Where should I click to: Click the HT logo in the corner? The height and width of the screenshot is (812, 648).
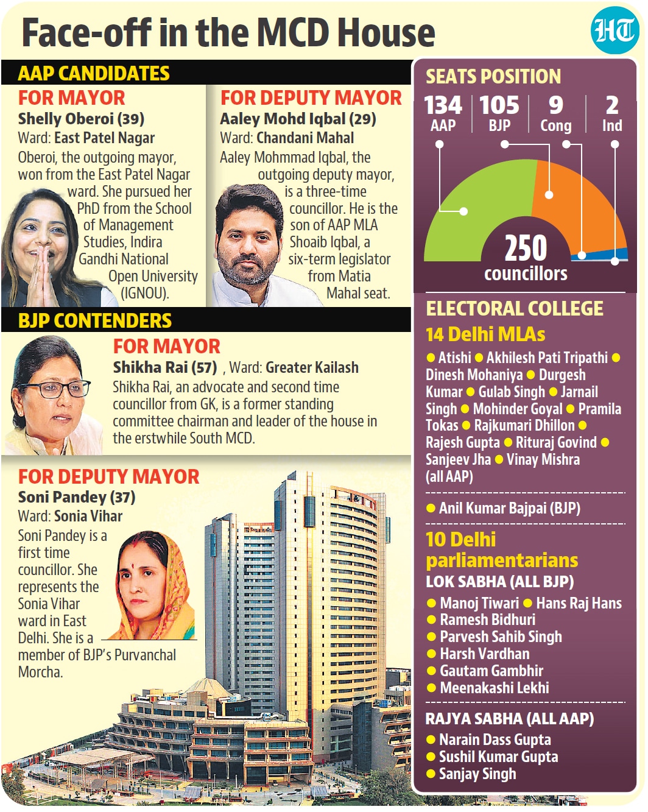(615, 30)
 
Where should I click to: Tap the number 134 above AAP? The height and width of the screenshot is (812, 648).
(443, 105)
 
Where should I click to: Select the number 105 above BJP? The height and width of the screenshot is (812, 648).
(499, 105)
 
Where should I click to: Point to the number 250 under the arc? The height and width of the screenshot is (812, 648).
(526, 248)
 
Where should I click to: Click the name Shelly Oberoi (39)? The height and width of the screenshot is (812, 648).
(81, 119)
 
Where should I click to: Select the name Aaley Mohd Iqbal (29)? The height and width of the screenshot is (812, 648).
(298, 119)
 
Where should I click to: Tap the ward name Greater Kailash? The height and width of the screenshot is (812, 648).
(312, 367)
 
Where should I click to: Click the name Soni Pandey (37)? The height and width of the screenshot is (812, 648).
(77, 497)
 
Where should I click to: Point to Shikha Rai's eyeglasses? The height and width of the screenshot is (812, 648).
(54, 389)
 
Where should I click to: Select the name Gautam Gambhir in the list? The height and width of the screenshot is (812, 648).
(491, 671)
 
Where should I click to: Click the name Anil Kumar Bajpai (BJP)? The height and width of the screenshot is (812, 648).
(510, 508)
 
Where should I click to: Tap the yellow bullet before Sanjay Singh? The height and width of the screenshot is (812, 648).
(431, 774)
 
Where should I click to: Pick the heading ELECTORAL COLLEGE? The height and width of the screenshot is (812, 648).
(515, 309)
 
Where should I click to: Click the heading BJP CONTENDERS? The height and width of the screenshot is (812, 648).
(94, 321)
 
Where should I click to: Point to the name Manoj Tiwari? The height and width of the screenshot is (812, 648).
(479, 603)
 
